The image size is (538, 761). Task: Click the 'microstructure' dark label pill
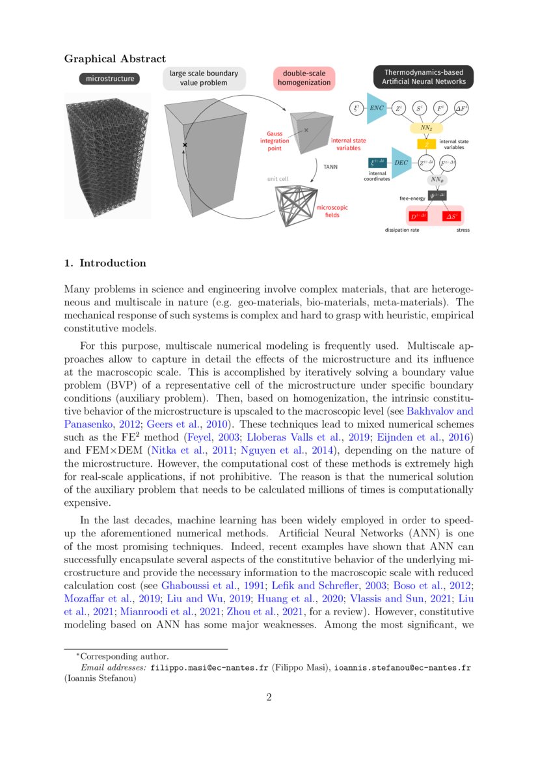(x=111, y=79)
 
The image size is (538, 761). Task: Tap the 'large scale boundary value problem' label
(x=204, y=78)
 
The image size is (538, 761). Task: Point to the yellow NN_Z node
(x=426, y=128)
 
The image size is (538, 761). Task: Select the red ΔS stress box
(x=453, y=215)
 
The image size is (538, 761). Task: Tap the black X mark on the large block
(x=185, y=144)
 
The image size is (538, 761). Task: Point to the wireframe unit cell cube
(x=294, y=206)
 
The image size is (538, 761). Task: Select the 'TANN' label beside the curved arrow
(x=331, y=167)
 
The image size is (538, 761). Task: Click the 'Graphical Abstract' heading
(x=114, y=59)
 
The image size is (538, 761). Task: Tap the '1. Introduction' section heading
(x=105, y=264)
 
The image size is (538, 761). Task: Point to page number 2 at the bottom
(x=269, y=699)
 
